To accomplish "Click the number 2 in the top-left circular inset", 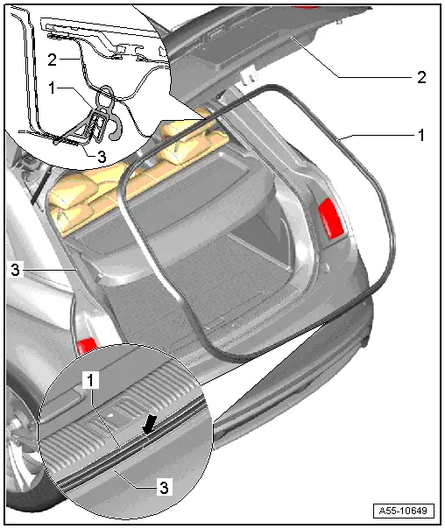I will pos(53,60).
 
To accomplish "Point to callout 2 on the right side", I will pos(421,78).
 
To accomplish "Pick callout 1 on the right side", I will pos(421,136).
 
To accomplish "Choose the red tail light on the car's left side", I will pos(87,345).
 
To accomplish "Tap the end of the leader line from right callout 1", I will pos(337,140).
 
